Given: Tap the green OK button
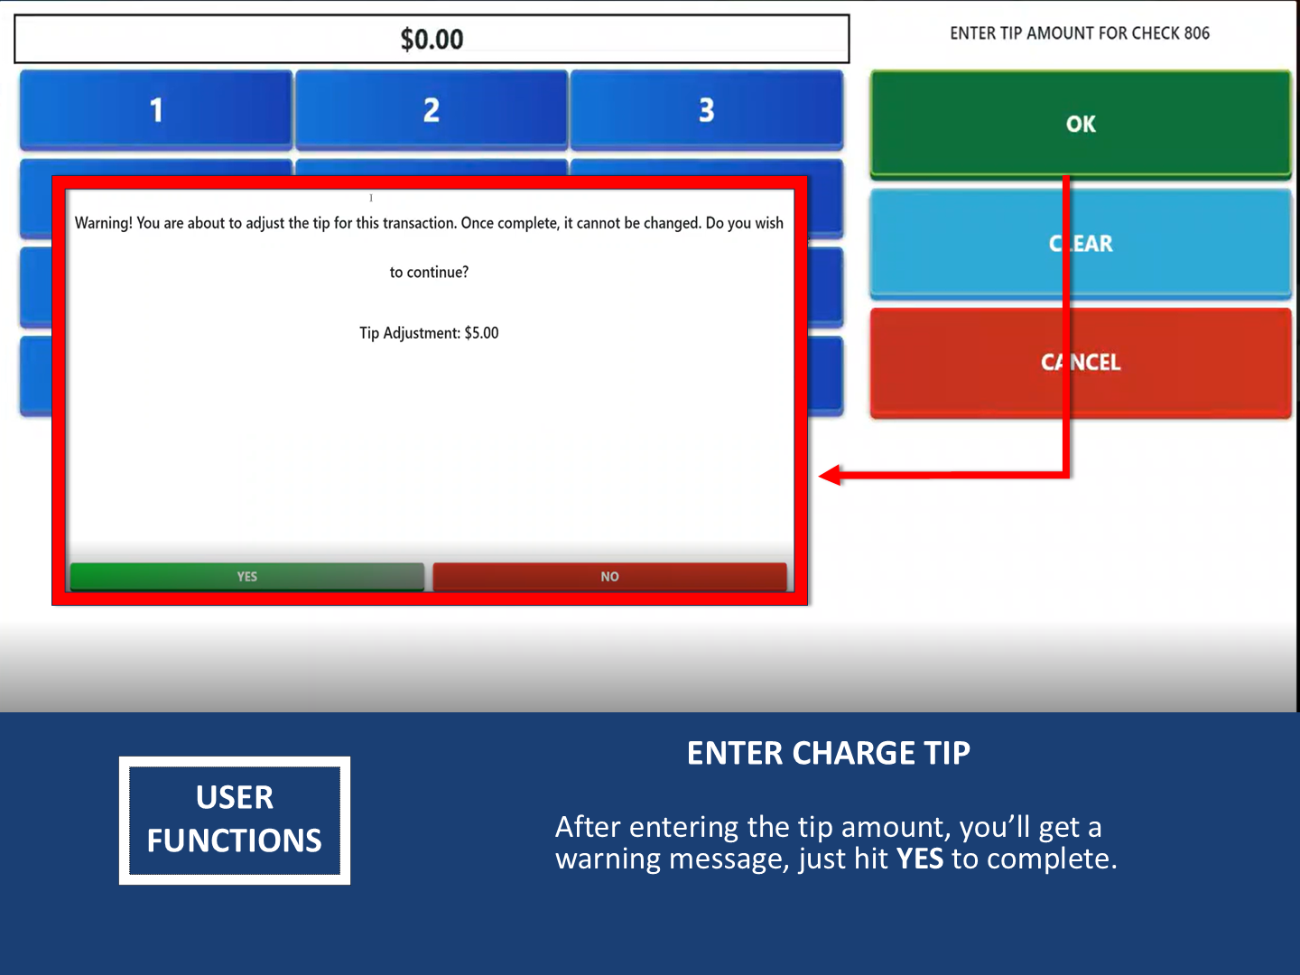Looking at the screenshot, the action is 1081,124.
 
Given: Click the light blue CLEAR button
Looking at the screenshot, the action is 1081,243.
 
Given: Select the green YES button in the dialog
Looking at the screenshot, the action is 247,577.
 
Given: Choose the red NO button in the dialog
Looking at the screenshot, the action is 609,577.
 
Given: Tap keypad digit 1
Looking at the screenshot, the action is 156,109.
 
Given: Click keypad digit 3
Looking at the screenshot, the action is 707,109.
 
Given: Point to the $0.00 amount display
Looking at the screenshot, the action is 432,39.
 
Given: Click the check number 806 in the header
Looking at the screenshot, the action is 1196,33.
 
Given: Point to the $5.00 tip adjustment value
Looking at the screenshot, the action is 481,333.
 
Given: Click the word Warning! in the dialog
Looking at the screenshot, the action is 104,223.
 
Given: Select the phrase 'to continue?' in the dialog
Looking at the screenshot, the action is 429,273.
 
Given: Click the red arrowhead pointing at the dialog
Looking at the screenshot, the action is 830,475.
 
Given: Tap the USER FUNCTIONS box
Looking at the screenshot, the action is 235,821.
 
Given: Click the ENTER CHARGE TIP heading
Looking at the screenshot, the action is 829,753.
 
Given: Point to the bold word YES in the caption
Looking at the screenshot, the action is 920,859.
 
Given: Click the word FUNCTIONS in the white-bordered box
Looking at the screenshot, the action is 235,840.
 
